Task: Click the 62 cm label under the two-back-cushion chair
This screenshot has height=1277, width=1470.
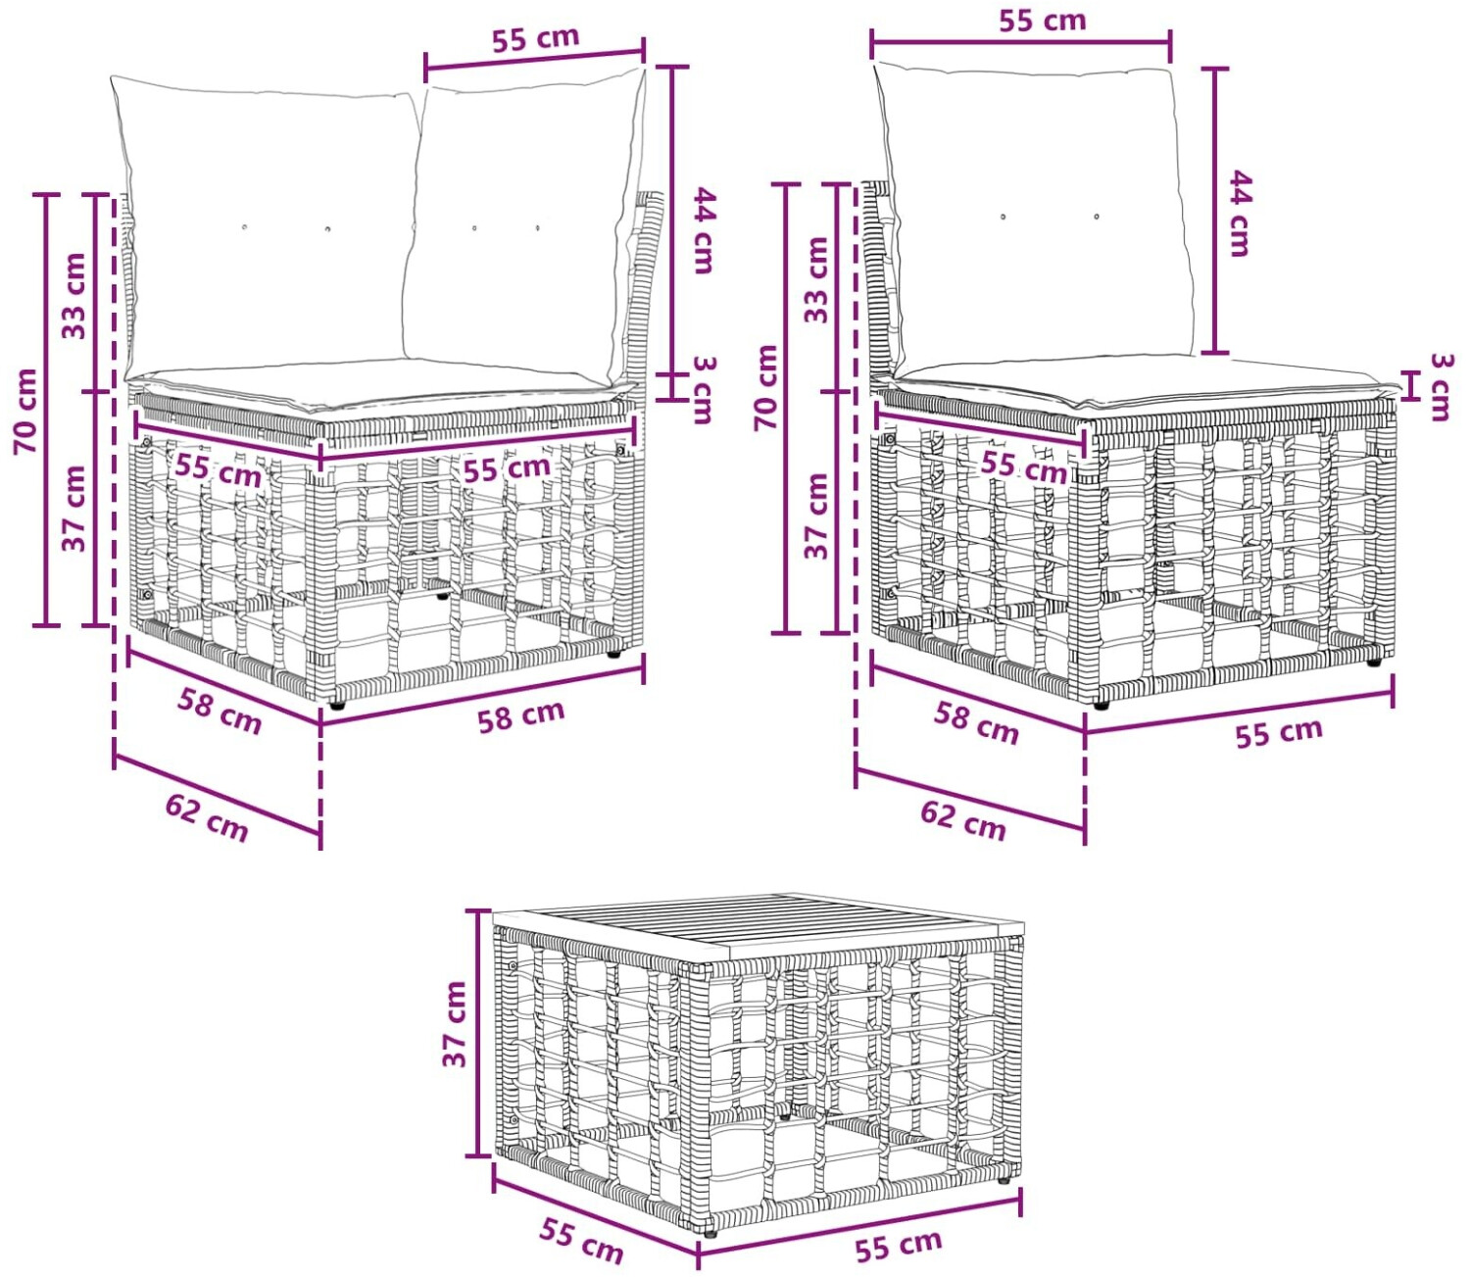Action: (x=207, y=818)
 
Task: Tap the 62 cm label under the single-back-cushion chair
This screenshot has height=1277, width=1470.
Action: (x=962, y=821)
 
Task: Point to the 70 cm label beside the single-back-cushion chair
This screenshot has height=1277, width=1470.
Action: (x=766, y=387)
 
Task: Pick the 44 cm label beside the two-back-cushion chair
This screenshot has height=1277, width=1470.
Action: (x=704, y=230)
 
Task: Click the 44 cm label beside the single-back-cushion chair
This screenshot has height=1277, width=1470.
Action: (x=1241, y=214)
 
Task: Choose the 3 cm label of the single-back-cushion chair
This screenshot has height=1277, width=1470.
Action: (x=1442, y=386)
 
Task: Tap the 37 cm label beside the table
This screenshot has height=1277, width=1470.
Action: (x=455, y=1024)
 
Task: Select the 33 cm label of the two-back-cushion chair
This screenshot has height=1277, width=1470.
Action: (x=73, y=296)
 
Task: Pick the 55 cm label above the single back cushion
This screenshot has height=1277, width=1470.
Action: (x=1043, y=21)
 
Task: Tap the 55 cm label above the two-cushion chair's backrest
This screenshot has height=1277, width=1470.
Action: (x=535, y=38)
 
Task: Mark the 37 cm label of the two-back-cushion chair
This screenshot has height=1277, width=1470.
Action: (x=73, y=509)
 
